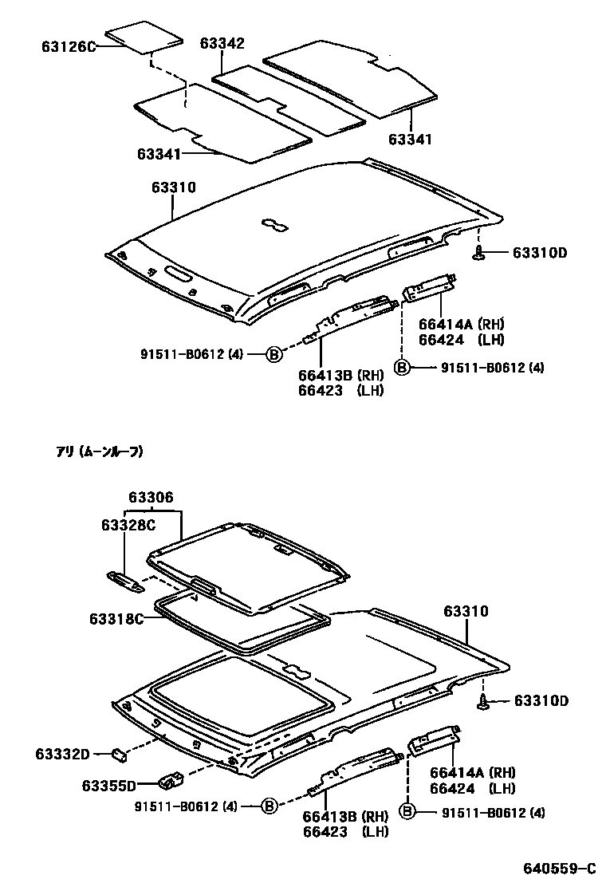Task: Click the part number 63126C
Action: coord(69,46)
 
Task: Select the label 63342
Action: coord(222,44)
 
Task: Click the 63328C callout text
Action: coord(128,524)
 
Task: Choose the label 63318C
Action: coord(116,619)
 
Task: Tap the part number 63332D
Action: coord(63,753)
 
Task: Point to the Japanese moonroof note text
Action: coord(100,451)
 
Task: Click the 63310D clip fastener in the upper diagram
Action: coord(479,253)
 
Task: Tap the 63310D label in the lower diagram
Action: coord(541,701)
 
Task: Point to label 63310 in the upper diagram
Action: coord(173,187)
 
